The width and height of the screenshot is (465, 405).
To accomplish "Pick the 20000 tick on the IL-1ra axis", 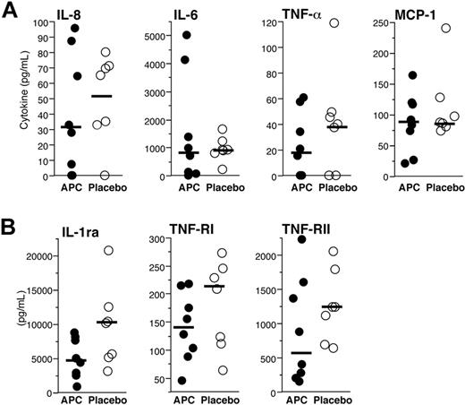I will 38,256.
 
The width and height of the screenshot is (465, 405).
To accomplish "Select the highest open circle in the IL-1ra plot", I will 108,250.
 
